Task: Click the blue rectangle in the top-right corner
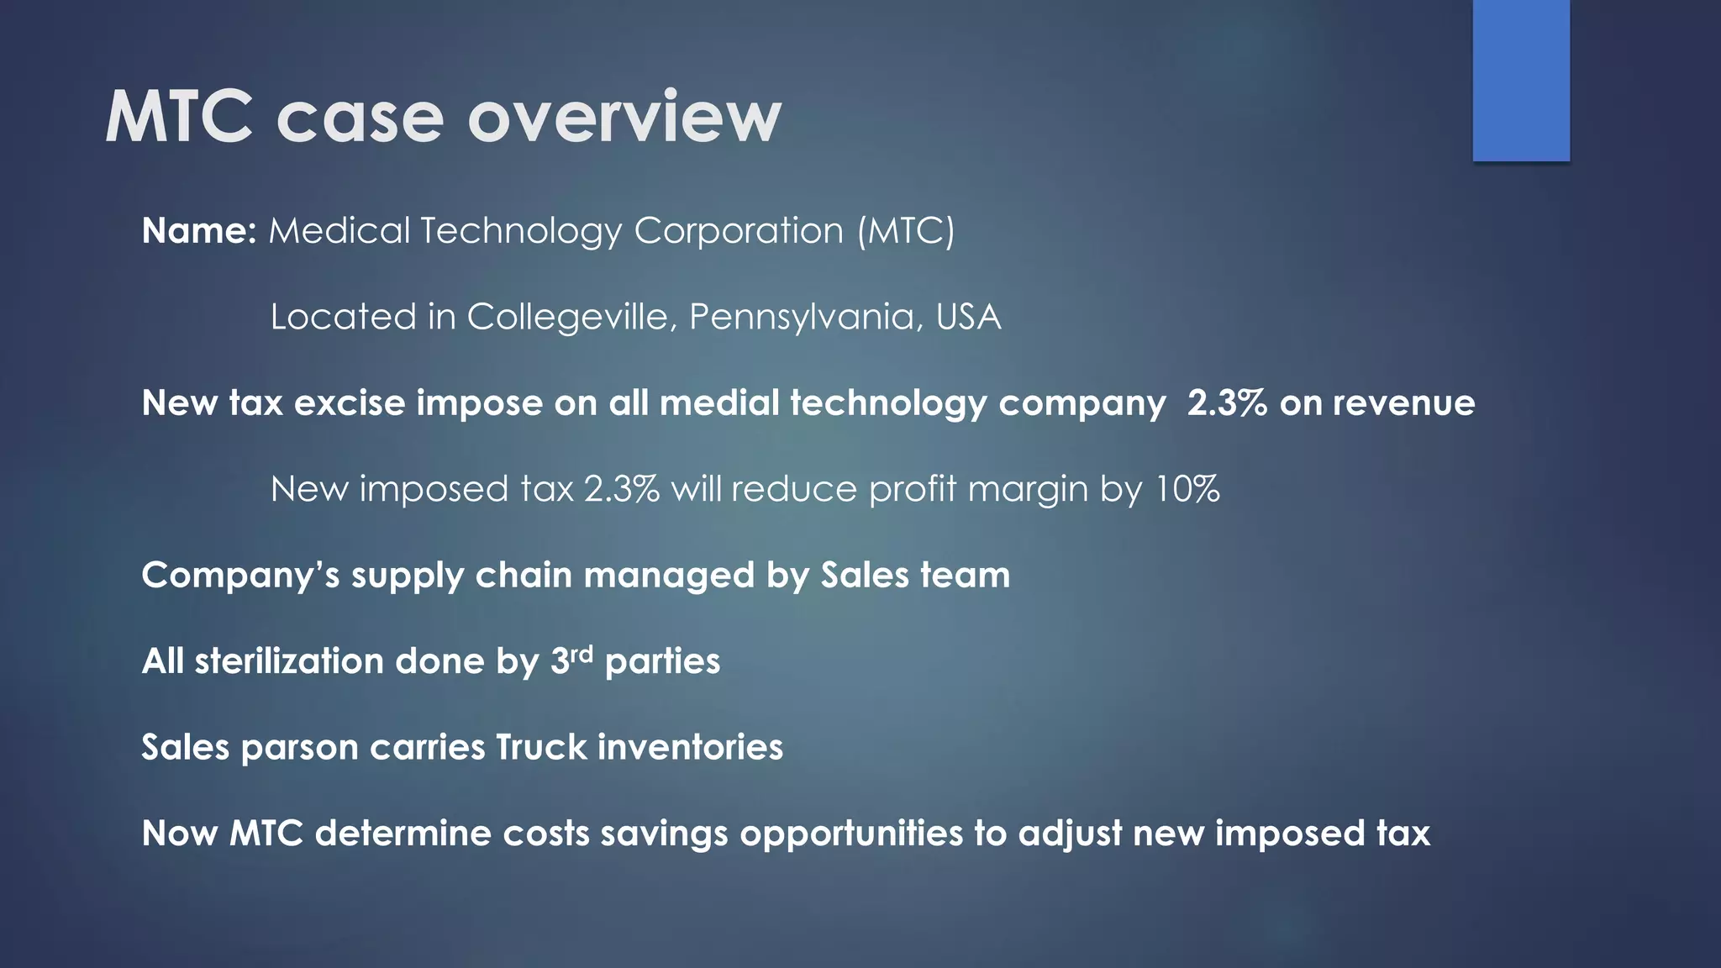click(x=1521, y=81)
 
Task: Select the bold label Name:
click(x=199, y=230)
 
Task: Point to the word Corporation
click(x=739, y=230)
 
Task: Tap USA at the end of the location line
click(x=968, y=317)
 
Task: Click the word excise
click(x=350, y=403)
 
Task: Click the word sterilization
click(x=289, y=661)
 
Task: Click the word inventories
click(x=690, y=747)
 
